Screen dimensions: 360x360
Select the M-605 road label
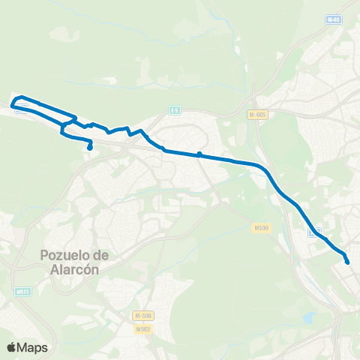(257, 114)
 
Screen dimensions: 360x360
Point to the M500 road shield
(261, 228)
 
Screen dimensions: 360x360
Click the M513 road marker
(22, 291)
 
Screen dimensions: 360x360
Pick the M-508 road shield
(142, 316)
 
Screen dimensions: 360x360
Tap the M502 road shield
(142, 328)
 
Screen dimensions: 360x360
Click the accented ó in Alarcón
(84, 270)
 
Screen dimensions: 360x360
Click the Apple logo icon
(13, 347)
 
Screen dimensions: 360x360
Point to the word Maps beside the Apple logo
(34, 347)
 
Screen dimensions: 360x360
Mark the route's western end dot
(89, 148)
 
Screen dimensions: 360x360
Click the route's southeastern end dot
(347, 262)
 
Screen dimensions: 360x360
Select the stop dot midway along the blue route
(199, 154)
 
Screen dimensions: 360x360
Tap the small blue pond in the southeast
(308, 318)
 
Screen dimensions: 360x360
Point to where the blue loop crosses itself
(66, 123)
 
